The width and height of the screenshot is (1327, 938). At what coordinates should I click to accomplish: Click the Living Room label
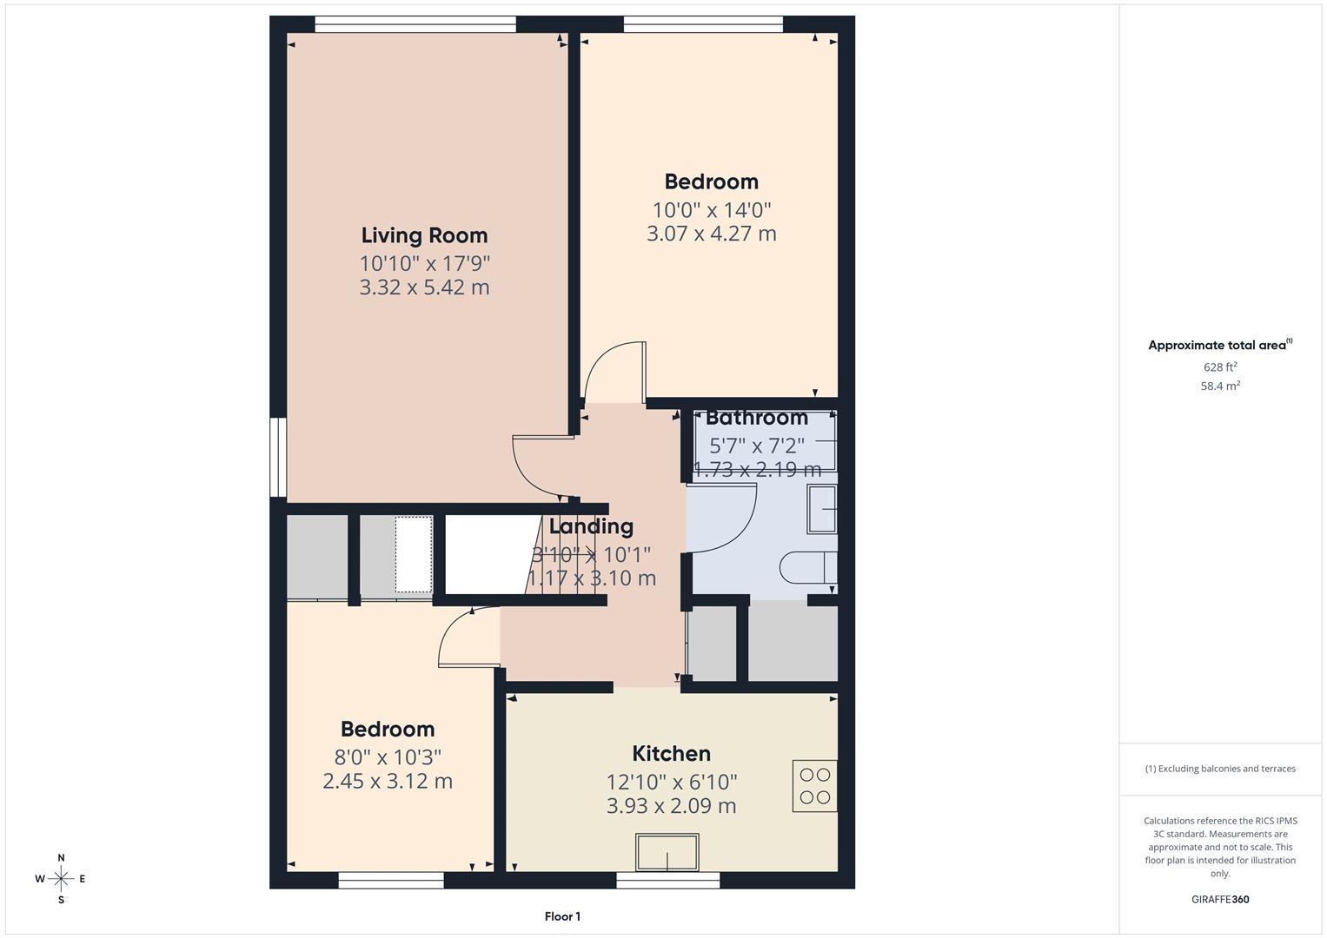(424, 235)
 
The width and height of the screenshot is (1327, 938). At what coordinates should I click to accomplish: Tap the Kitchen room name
(671, 753)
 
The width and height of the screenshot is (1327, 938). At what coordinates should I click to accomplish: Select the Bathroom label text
(756, 418)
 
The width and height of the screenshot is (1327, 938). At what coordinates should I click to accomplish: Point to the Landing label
(591, 526)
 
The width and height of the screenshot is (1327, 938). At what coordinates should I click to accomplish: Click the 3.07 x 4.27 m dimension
(711, 234)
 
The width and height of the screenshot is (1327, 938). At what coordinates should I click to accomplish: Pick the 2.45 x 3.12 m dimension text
(388, 781)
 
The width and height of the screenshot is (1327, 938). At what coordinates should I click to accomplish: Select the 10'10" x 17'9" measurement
(425, 262)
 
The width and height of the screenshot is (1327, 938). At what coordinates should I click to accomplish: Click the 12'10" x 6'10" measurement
(671, 782)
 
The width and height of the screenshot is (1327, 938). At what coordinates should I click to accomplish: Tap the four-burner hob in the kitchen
(814, 786)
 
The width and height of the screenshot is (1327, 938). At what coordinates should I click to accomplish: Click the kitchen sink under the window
(667, 852)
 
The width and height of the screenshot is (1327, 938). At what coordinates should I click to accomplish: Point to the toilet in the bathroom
(806, 567)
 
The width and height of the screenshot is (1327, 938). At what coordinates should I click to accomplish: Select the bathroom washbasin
(821, 509)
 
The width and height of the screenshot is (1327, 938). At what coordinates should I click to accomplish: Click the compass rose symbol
(61, 879)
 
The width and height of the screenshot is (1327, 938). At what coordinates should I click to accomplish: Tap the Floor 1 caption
(562, 916)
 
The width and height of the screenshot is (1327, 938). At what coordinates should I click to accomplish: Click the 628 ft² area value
(1220, 367)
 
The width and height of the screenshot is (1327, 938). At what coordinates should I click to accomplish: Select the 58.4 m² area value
(1220, 386)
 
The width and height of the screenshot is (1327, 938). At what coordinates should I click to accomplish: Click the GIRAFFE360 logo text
(1220, 900)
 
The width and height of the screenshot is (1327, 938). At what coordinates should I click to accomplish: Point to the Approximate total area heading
(1219, 346)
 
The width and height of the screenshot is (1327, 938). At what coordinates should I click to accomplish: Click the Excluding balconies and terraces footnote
(1220, 769)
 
